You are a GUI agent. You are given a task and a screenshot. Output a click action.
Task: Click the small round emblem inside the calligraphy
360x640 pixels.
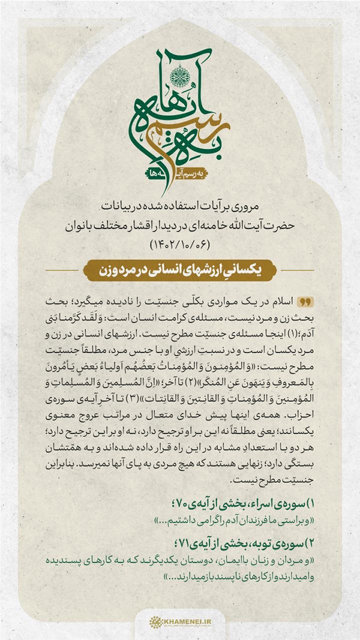coord(179,76)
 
